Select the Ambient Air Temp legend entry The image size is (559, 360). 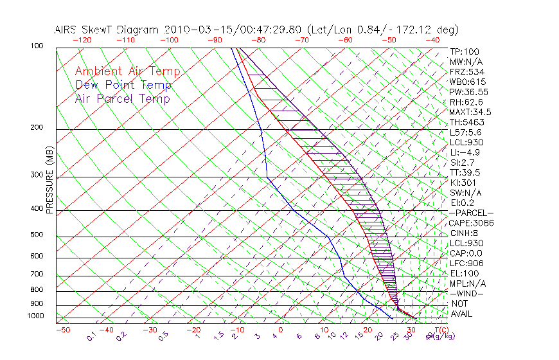(x=127, y=71)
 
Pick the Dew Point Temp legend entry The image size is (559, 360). (x=123, y=85)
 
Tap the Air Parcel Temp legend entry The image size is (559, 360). (x=122, y=98)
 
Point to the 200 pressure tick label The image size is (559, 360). (x=36, y=128)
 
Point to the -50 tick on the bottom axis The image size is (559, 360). (x=62, y=330)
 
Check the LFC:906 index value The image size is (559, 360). (x=466, y=263)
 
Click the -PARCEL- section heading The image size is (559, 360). (x=472, y=213)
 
